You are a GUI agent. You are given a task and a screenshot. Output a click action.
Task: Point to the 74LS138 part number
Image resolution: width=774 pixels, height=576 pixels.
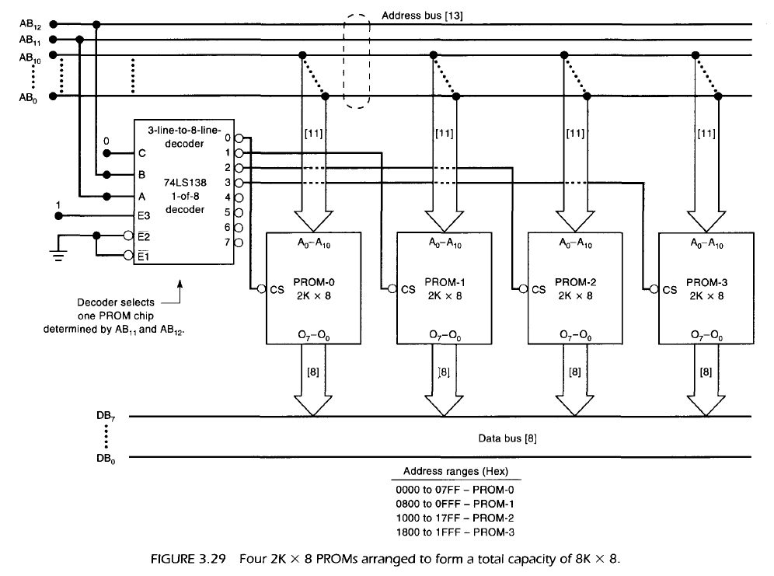(x=183, y=182)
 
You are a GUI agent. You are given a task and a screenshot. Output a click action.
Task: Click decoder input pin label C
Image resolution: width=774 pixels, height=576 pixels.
(x=141, y=153)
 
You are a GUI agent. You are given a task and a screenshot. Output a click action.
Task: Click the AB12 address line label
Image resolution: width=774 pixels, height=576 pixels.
(x=30, y=24)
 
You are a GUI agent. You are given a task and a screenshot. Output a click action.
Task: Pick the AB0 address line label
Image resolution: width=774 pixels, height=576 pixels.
(x=30, y=96)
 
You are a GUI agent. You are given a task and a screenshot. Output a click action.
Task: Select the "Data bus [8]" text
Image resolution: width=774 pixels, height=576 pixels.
(x=507, y=438)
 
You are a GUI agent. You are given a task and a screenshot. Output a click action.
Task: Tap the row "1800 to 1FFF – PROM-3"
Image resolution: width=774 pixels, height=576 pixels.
(x=455, y=532)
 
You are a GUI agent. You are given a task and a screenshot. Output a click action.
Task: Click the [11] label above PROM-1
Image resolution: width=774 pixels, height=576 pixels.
(x=444, y=134)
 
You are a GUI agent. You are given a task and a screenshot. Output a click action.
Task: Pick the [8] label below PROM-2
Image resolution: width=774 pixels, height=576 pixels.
(x=574, y=372)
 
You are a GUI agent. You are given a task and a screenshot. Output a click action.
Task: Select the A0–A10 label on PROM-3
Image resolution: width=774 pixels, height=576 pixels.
(x=705, y=243)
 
